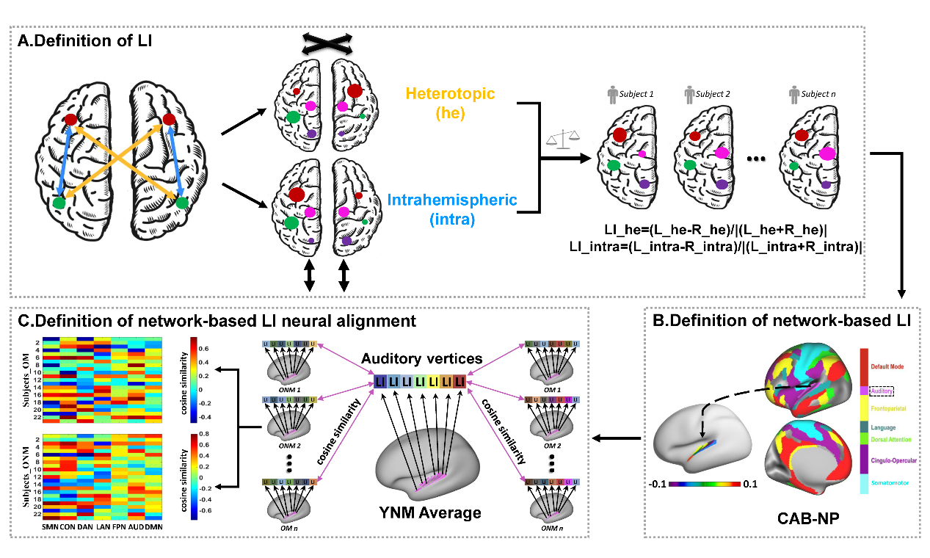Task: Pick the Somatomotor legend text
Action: pyautogui.click(x=896, y=483)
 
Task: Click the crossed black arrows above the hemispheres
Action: pyautogui.click(x=327, y=43)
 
